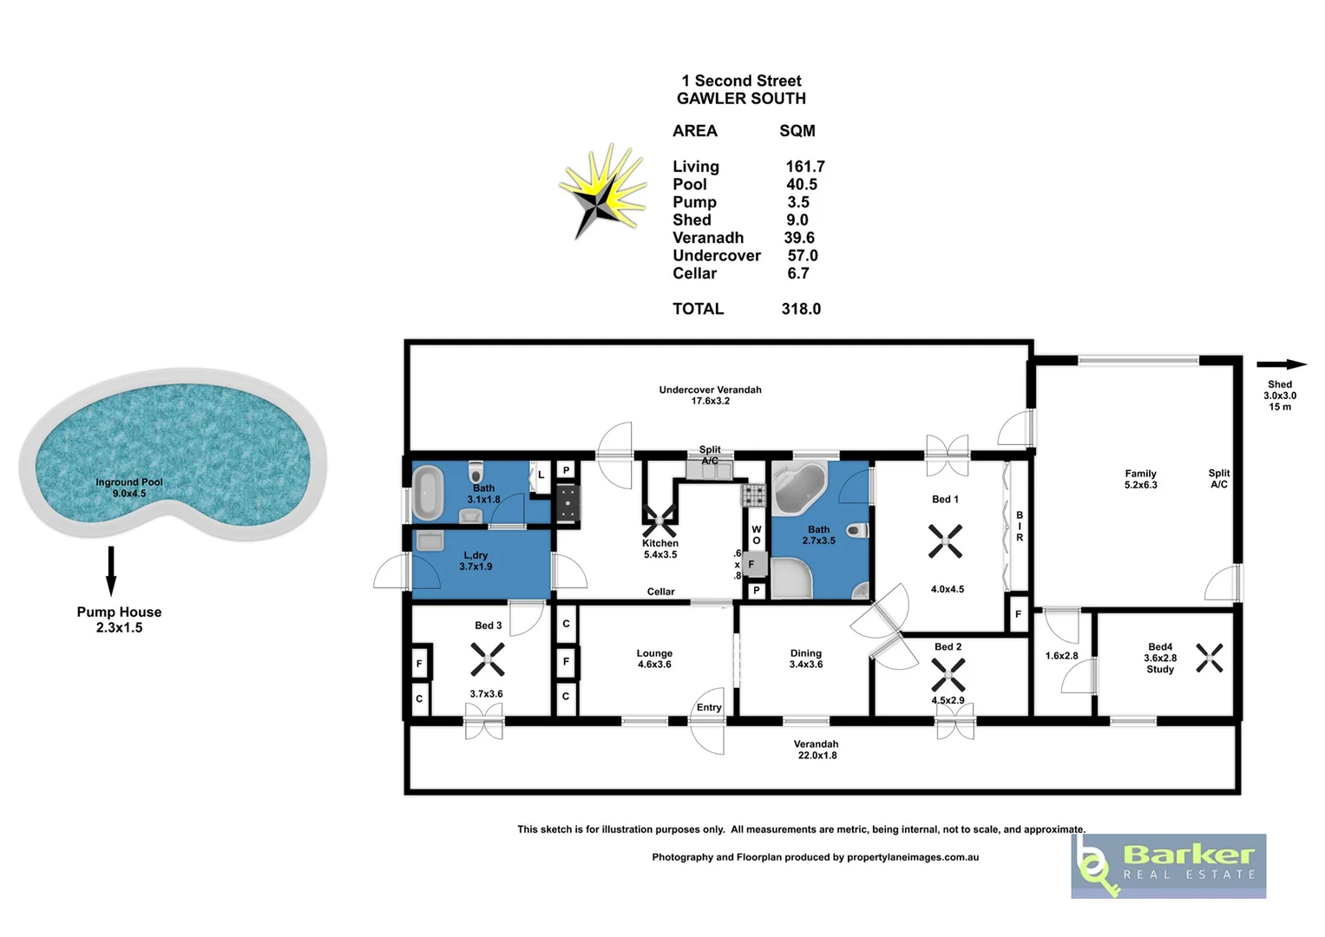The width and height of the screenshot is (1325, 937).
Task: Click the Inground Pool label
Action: click(x=128, y=482)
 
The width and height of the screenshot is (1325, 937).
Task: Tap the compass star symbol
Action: click(x=602, y=193)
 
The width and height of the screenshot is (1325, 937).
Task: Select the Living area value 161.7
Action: click(x=804, y=167)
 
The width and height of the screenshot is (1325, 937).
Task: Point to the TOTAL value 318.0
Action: click(x=800, y=309)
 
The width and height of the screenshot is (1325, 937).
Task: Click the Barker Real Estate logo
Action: click(x=1168, y=866)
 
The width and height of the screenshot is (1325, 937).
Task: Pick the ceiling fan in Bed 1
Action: click(x=945, y=541)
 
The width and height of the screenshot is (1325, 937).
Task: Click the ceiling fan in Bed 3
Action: click(x=487, y=659)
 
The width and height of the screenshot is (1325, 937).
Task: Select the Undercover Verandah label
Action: click(x=710, y=390)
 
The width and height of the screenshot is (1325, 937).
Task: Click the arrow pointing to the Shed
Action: click(x=1281, y=364)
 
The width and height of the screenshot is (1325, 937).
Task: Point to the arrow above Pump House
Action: click(x=111, y=570)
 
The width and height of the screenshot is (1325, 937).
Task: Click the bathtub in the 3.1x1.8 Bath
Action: click(x=427, y=493)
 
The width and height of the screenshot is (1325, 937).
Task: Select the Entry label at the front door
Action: click(x=709, y=707)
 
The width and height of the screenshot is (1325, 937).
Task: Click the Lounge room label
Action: click(x=654, y=653)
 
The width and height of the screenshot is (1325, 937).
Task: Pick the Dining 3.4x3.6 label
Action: click(x=805, y=659)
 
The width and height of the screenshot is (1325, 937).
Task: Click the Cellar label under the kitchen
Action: click(x=660, y=592)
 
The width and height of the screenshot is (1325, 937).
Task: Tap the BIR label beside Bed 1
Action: click(x=1020, y=527)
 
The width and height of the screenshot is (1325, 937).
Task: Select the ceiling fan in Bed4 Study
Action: click(x=1209, y=658)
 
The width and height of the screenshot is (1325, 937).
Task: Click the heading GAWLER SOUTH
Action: click(x=741, y=99)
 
